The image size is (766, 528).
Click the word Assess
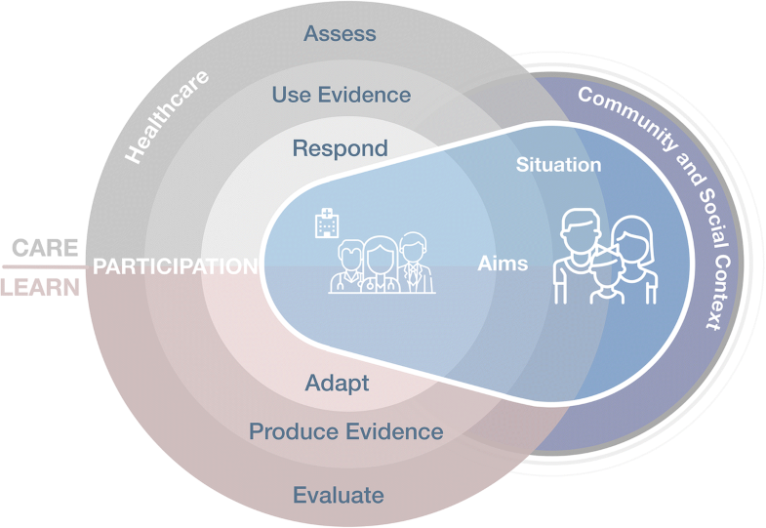click(x=340, y=34)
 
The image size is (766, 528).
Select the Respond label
click(x=341, y=149)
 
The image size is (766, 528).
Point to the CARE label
click(x=45, y=248)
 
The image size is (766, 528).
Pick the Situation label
click(x=558, y=165)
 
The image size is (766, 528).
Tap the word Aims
click(x=503, y=264)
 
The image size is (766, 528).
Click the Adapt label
click(x=337, y=383)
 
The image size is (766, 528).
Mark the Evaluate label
click(x=339, y=495)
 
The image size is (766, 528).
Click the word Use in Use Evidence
click(x=290, y=95)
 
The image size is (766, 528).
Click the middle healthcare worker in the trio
click(x=380, y=264)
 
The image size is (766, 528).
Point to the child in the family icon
click(x=606, y=277)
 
